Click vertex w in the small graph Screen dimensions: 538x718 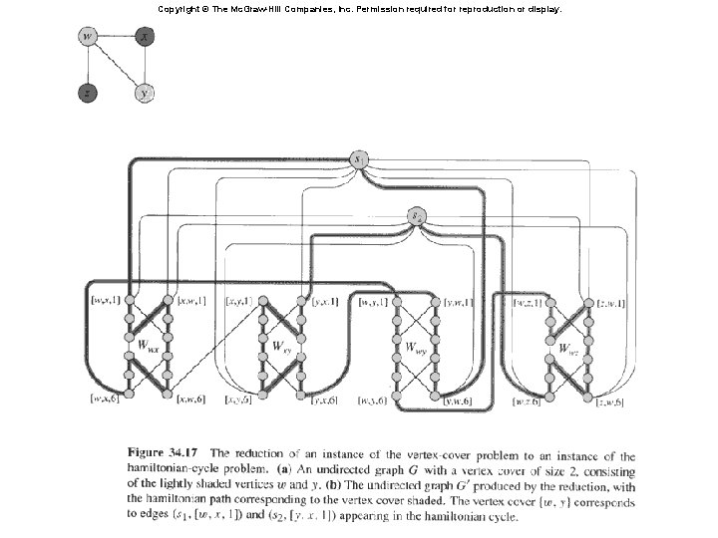[88, 38]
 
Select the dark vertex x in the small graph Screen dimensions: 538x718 [146, 38]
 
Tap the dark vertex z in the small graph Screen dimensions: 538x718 [88, 94]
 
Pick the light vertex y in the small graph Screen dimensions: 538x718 [146, 94]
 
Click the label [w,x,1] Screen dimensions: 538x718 [105, 300]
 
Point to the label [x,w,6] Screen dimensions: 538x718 [190, 400]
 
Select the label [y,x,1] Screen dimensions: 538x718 [325, 300]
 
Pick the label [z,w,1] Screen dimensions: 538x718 [609, 302]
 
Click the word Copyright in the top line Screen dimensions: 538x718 [177, 8]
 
